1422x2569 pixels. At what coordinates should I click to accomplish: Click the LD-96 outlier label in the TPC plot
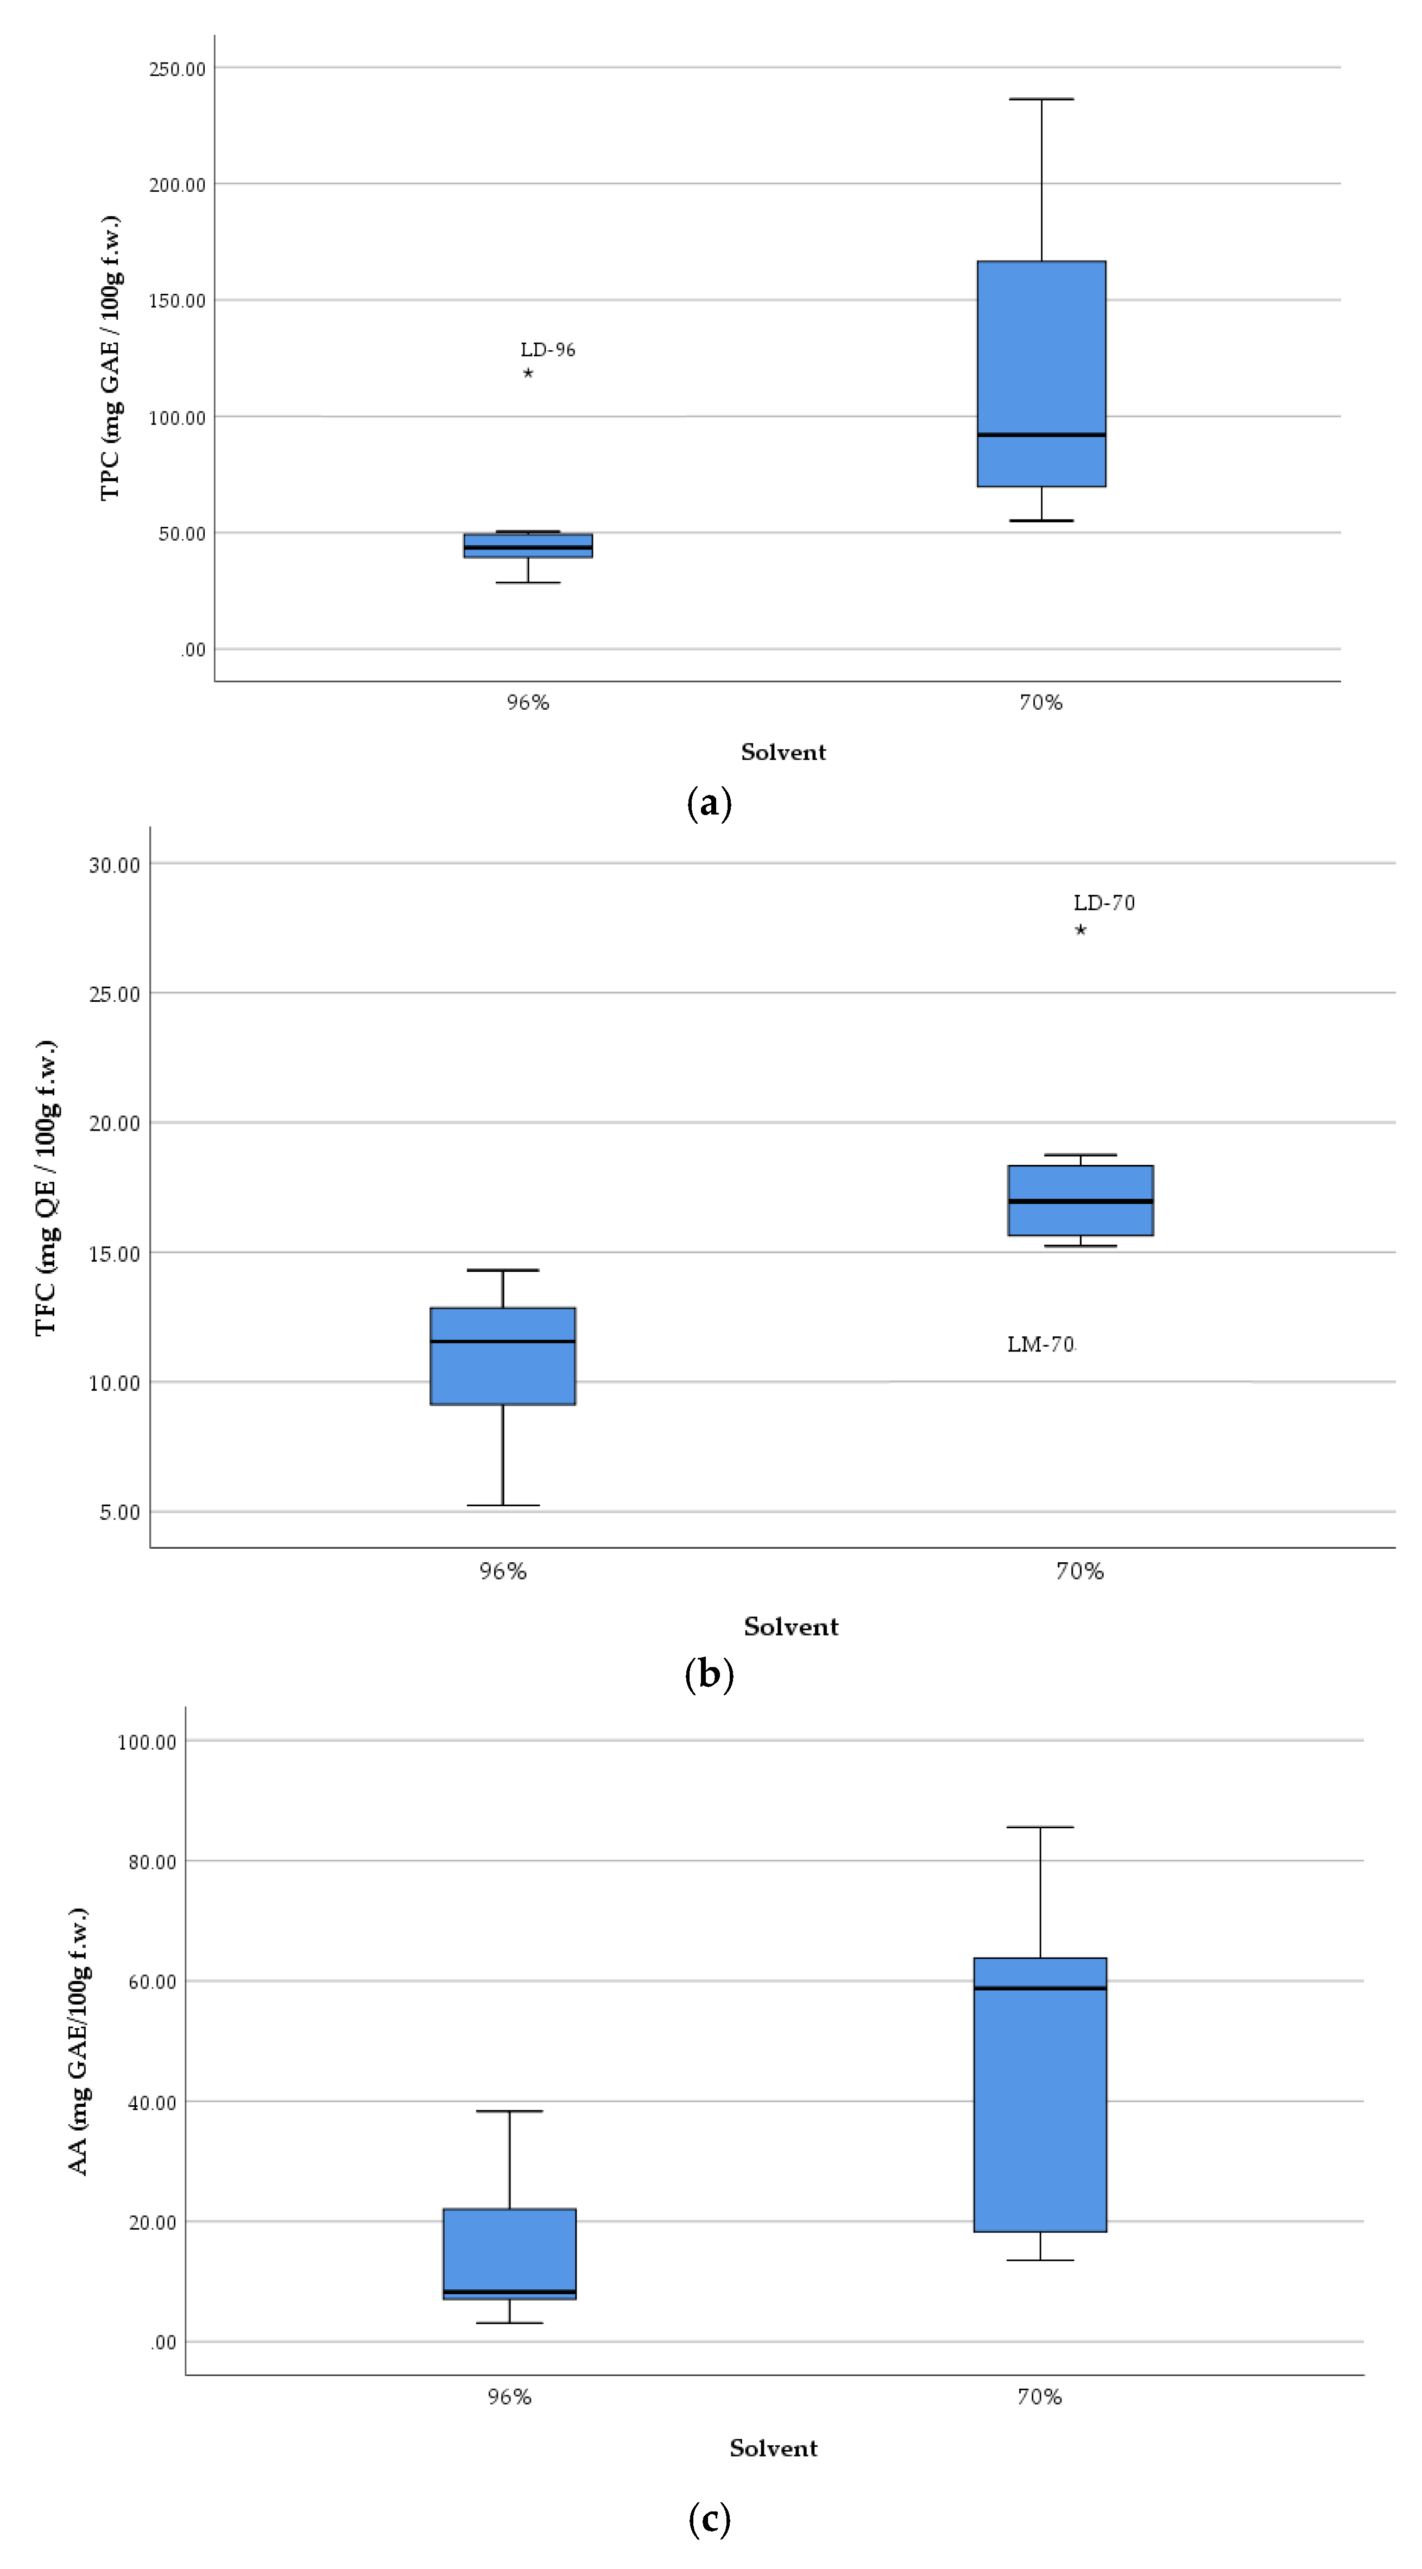547,350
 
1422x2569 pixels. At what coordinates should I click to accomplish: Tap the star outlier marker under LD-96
528,373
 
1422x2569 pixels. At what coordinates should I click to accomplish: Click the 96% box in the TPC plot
528,546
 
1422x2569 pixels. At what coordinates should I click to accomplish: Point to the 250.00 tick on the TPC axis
178,69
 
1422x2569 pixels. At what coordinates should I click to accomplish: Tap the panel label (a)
710,803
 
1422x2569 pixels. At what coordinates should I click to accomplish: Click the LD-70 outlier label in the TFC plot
1104,902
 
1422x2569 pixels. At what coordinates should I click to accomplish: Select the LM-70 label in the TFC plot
1041,1345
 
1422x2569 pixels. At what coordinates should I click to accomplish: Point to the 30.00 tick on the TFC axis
115,864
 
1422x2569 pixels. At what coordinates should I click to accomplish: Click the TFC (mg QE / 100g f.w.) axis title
46,1188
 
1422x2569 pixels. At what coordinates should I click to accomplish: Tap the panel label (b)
710,1674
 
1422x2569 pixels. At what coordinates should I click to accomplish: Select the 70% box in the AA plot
1040,2094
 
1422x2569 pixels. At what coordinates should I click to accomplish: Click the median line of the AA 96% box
510,2292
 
